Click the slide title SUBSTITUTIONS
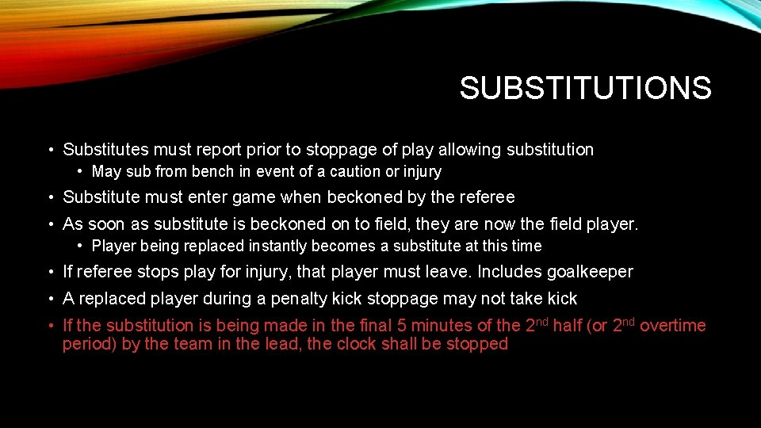[585, 88]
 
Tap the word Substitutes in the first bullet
[106, 150]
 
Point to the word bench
[208, 171]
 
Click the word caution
[355, 171]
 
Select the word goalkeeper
[590, 272]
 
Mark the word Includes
[511, 272]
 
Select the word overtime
[672, 326]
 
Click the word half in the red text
[567, 326]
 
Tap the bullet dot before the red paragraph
[51, 326]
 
